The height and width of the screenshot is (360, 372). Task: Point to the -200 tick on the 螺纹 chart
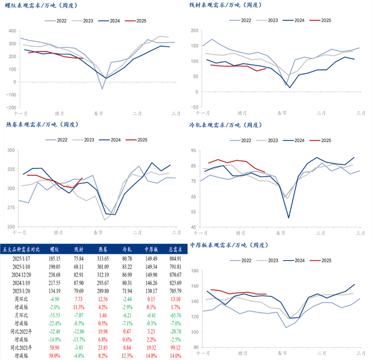click(x=10, y=107)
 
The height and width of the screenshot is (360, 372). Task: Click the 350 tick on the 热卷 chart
click(x=12, y=150)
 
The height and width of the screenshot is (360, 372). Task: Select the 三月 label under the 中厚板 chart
click(x=359, y=354)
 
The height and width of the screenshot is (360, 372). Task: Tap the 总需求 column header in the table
click(x=173, y=249)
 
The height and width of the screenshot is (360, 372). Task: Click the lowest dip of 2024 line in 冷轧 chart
click(x=288, y=218)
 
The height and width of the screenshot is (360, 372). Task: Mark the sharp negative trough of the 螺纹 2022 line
click(x=102, y=89)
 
